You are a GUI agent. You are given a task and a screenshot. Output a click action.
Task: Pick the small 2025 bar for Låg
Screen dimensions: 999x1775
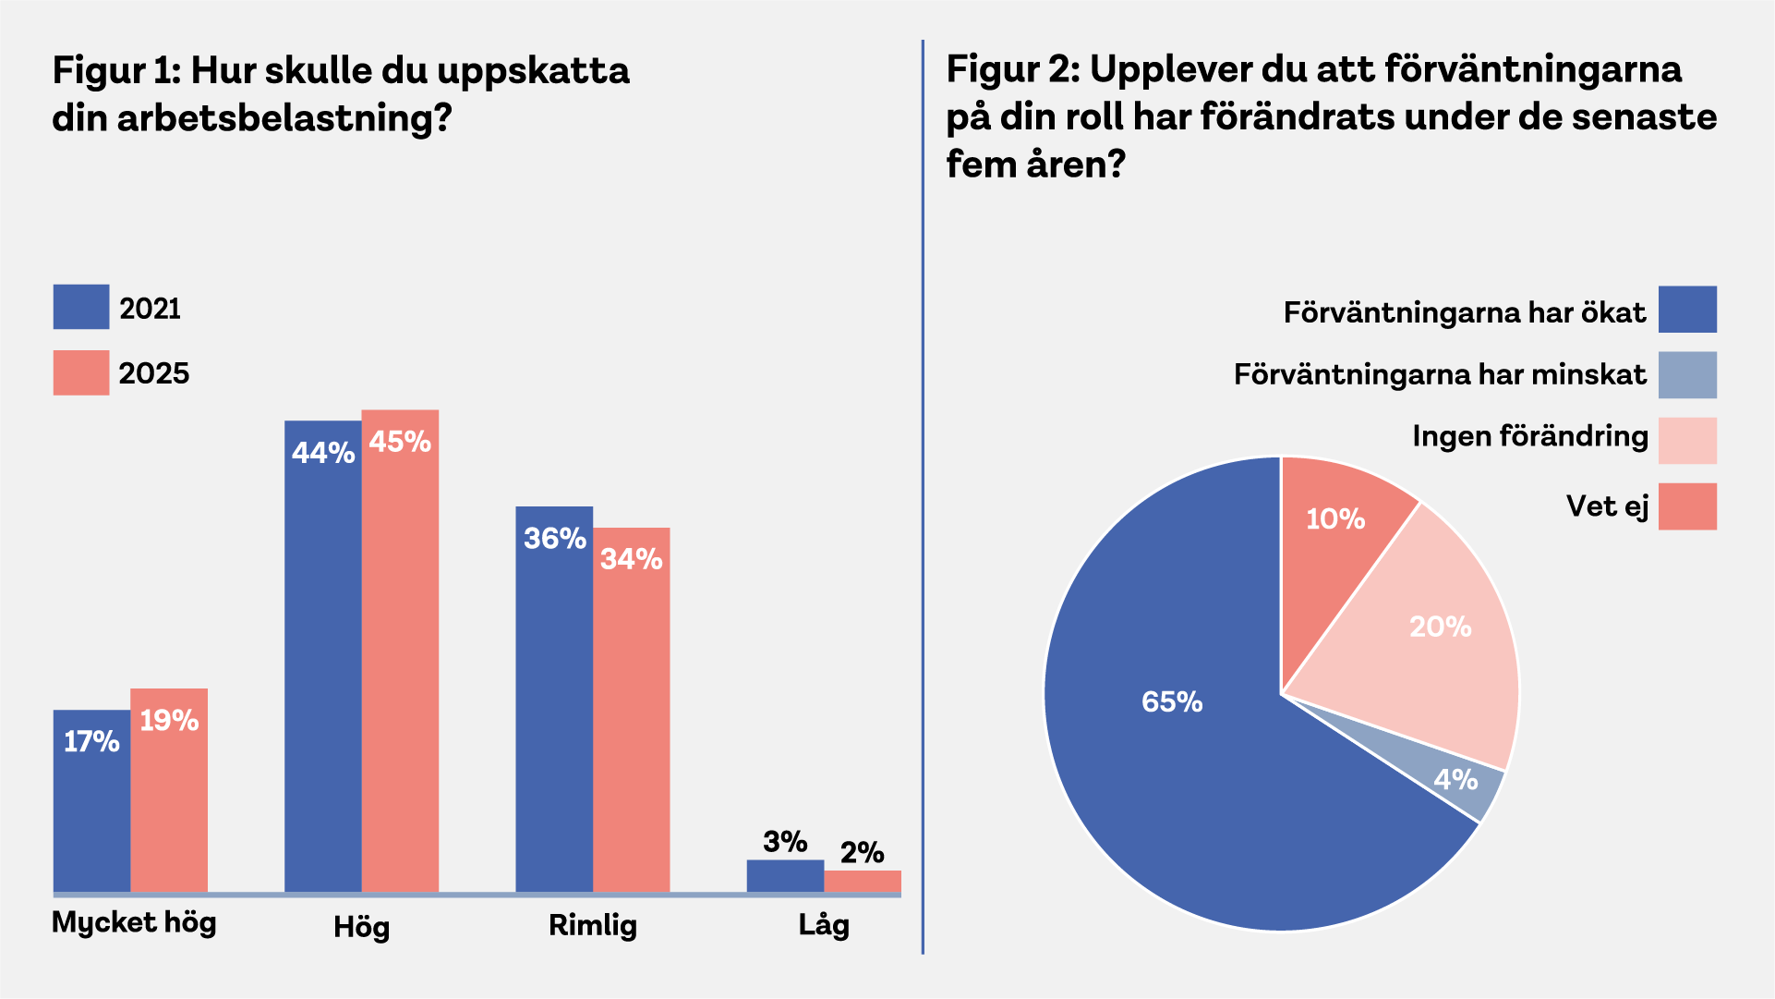point(863,881)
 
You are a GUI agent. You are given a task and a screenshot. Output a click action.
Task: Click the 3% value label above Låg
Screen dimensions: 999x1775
point(785,842)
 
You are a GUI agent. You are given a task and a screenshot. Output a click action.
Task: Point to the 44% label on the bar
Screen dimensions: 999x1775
point(323,453)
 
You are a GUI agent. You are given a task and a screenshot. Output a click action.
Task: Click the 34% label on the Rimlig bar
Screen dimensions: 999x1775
point(632,559)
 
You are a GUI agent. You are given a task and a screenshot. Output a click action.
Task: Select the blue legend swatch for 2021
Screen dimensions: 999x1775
point(81,307)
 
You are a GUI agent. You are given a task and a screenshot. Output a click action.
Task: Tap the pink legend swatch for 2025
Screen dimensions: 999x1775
point(81,372)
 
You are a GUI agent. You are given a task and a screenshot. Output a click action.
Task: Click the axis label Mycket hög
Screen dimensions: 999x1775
point(134,922)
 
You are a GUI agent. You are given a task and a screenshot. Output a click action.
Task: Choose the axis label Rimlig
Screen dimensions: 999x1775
point(593,925)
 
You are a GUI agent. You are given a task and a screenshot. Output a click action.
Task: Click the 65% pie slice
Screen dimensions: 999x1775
point(1191,739)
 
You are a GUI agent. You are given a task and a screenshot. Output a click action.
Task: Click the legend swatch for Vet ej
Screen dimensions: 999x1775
point(1687,506)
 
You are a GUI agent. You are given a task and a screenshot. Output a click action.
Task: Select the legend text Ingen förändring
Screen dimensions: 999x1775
point(1529,436)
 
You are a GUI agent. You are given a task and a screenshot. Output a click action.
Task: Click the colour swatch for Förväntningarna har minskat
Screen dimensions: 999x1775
point(1687,375)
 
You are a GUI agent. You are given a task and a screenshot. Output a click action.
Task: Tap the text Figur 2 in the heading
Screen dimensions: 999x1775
point(1010,69)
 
